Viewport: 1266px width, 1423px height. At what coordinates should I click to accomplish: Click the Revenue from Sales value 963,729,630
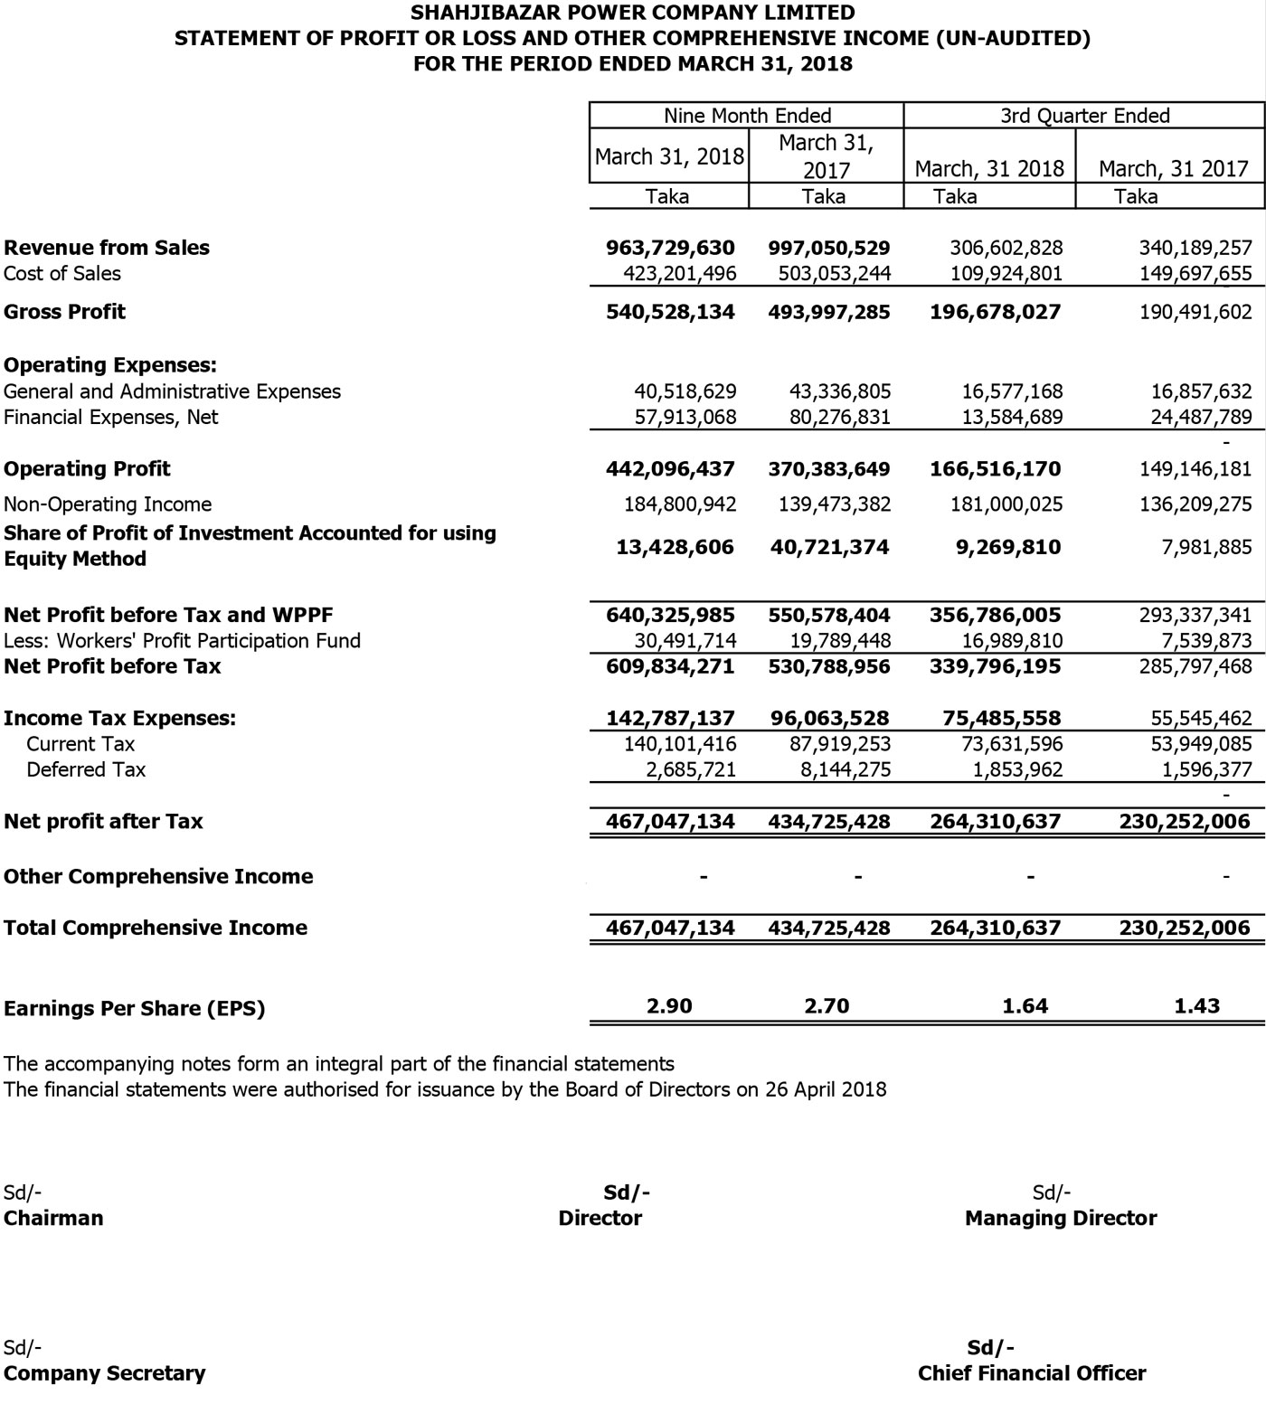click(x=670, y=248)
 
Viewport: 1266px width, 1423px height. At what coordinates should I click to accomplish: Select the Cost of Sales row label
click(x=62, y=274)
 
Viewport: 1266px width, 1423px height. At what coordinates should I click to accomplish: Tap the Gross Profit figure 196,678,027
click(x=995, y=312)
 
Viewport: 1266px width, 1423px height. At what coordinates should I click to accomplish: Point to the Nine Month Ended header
click(x=747, y=116)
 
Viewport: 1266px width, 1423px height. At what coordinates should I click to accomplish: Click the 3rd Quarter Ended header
click(x=1084, y=116)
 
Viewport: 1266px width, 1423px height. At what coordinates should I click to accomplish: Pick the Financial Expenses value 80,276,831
click(x=834, y=418)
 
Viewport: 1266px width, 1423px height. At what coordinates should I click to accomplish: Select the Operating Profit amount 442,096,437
click(x=670, y=469)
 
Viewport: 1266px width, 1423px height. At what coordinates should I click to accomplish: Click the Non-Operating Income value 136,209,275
click(x=1195, y=504)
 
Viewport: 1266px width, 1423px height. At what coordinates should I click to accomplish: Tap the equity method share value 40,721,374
click(x=829, y=547)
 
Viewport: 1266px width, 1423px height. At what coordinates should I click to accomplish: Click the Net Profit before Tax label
click(x=112, y=666)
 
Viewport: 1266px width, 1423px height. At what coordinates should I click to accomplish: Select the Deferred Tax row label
click(x=86, y=770)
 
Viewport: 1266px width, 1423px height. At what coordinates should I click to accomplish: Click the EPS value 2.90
click(x=670, y=1006)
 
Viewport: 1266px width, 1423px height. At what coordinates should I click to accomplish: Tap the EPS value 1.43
click(x=1196, y=1006)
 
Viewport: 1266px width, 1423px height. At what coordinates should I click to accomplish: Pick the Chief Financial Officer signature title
click(x=1032, y=1373)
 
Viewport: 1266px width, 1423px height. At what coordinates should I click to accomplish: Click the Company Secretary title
click(x=105, y=1373)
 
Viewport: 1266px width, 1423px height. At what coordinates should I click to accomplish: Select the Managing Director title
click(x=1061, y=1219)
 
